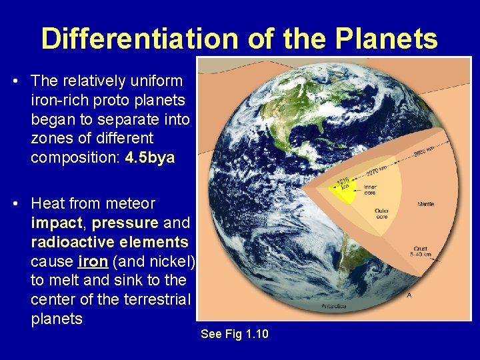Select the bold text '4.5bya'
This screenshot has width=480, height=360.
[150, 158]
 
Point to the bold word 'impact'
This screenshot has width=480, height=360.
[58, 221]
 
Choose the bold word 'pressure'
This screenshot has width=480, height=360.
[127, 221]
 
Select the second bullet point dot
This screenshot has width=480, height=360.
[15, 203]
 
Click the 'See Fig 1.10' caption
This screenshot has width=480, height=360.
[235, 333]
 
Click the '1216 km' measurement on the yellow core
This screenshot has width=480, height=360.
[343, 183]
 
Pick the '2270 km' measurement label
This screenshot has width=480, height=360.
[376, 167]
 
